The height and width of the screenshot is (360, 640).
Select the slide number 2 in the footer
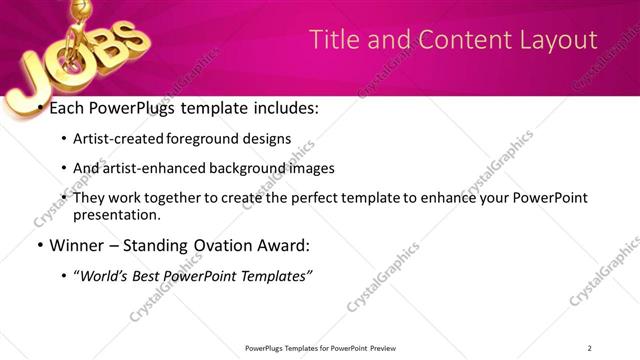(589, 347)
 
